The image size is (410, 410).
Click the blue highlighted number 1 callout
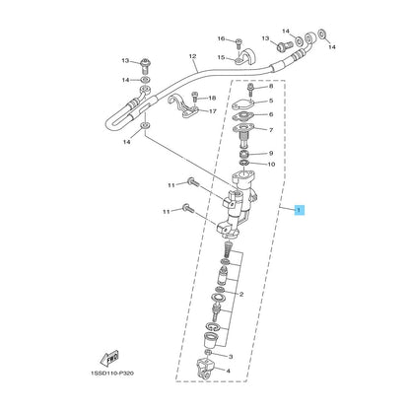[x=300, y=210]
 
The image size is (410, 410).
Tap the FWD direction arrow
[x=108, y=359]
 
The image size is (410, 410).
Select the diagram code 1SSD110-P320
[x=112, y=374]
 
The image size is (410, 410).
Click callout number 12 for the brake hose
[x=192, y=56]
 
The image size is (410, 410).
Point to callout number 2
[x=241, y=295]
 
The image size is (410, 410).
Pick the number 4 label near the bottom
[x=228, y=371]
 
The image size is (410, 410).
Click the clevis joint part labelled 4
[x=206, y=369]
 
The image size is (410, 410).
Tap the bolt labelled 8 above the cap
[x=250, y=90]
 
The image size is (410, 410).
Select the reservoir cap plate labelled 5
[x=242, y=104]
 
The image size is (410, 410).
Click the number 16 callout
[x=222, y=38]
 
